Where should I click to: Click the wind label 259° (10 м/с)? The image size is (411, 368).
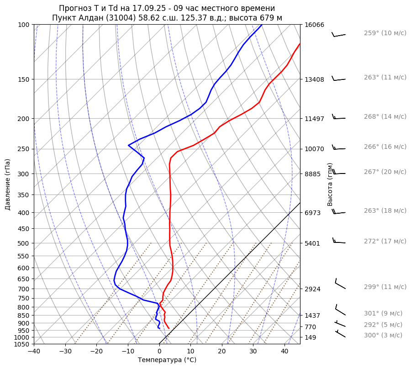click(385, 33)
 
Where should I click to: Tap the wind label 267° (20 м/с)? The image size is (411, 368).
click(385, 172)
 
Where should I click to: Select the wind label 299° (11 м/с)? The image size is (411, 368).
click(385, 287)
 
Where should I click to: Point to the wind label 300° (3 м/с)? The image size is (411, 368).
click(383, 336)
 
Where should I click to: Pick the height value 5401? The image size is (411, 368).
click(312, 243)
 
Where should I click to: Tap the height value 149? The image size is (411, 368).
click(311, 338)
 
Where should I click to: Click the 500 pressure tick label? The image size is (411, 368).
click(24, 243)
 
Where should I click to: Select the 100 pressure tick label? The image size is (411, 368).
click(24, 25)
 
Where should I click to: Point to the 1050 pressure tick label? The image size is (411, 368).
click(22, 344)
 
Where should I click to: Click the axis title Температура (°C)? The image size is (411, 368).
click(167, 360)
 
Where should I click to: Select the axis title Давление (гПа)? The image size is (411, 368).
click(7, 184)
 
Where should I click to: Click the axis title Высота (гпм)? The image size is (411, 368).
click(330, 184)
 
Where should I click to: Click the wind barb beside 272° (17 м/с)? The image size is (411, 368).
click(339, 241)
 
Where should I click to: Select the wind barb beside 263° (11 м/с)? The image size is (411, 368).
click(338, 79)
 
